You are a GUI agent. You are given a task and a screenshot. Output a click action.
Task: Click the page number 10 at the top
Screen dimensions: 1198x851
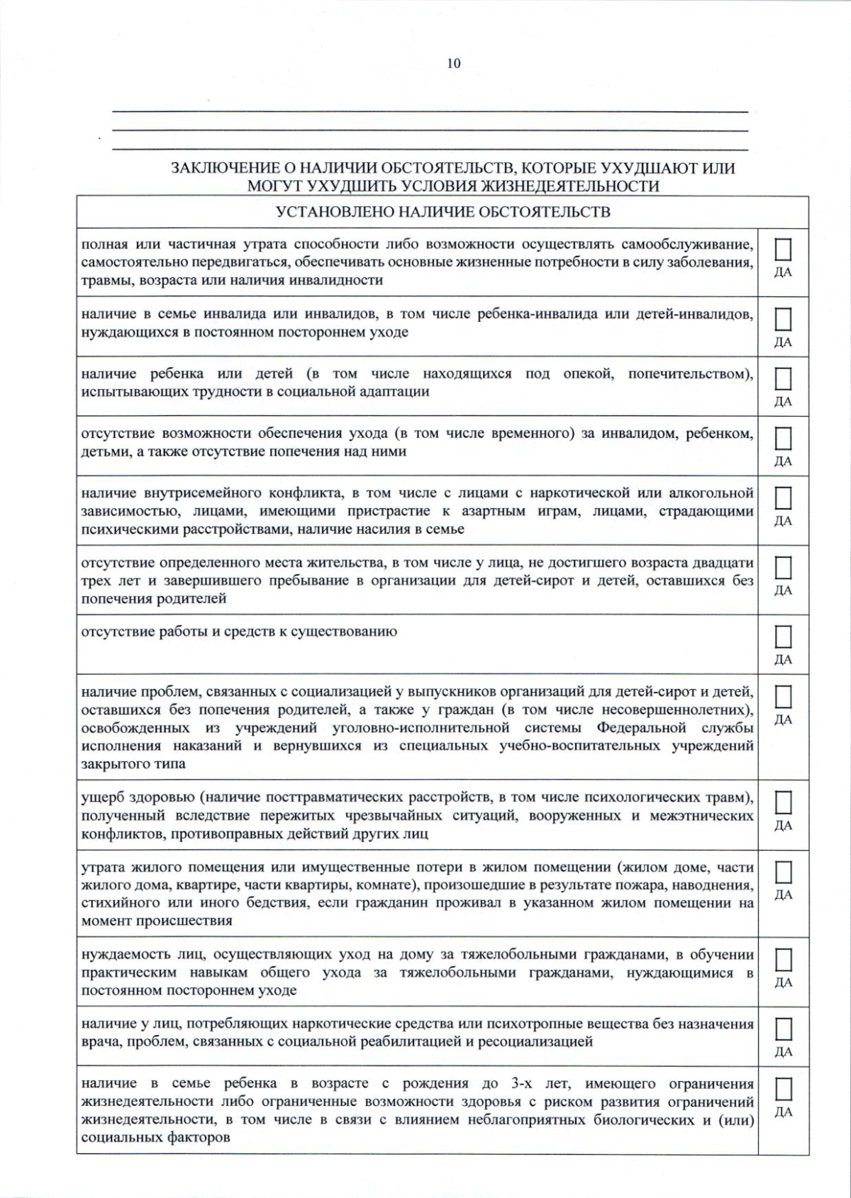[454, 64]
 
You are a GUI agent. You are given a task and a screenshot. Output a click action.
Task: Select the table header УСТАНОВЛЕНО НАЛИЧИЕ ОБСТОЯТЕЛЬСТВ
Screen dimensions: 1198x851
[443, 212]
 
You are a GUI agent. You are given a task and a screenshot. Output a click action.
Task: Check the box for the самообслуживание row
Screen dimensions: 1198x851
[783, 250]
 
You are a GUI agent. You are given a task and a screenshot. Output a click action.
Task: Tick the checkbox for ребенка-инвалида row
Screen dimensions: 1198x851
[783, 320]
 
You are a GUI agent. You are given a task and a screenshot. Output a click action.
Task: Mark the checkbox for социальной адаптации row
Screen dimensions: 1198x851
[783, 379]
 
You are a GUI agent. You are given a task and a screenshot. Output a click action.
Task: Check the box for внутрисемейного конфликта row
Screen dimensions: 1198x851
[783, 498]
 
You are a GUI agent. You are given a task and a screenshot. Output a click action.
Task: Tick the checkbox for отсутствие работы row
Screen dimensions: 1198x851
[783, 637]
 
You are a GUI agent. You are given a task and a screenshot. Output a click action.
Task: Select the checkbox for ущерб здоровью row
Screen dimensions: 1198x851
[783, 802]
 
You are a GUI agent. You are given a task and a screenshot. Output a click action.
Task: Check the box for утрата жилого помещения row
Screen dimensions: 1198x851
[783, 872]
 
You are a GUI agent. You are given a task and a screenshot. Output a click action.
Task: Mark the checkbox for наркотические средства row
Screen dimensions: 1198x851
[783, 1029]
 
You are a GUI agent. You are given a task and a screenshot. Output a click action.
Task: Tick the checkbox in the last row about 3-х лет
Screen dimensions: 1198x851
[783, 1089]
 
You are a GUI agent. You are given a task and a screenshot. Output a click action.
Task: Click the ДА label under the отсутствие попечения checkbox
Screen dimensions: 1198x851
[783, 461]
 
